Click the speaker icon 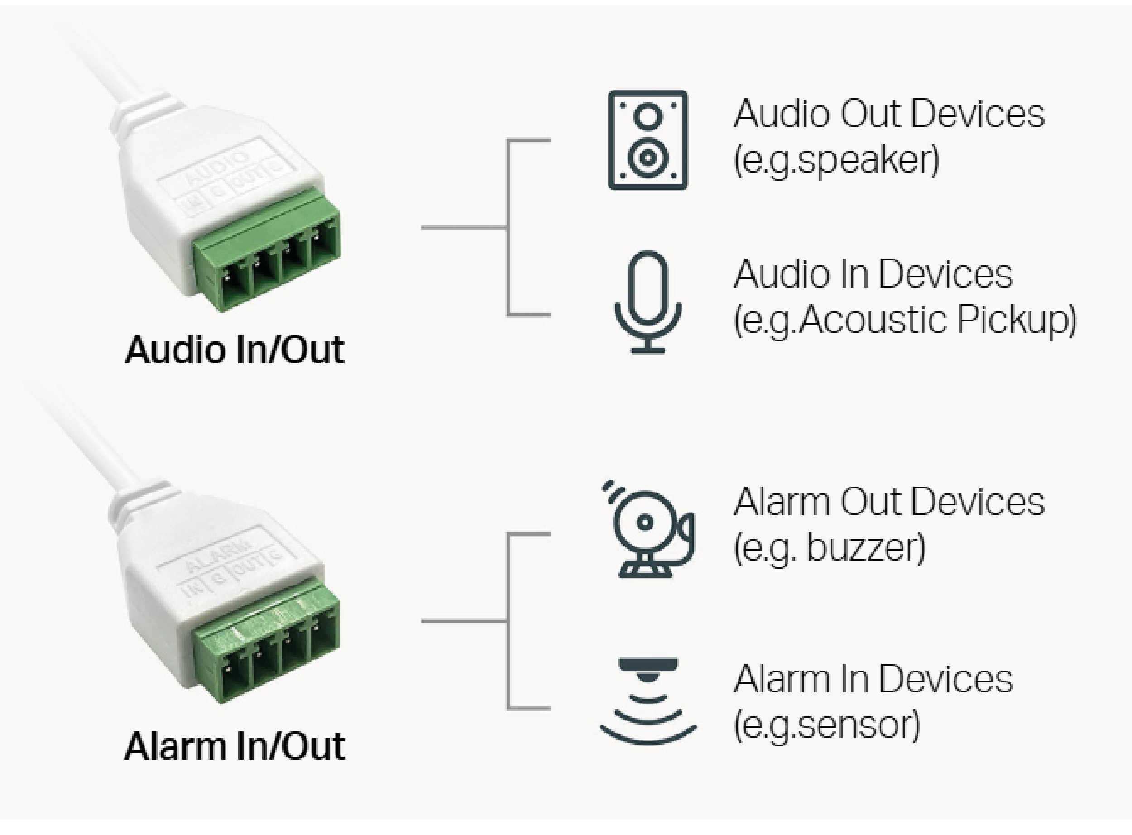click(x=648, y=140)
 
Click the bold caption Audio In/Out click(x=235, y=350)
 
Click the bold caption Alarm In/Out click(x=235, y=747)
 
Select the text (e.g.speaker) click(x=836, y=161)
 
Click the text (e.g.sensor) click(x=827, y=725)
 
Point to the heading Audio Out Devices click(x=889, y=114)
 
